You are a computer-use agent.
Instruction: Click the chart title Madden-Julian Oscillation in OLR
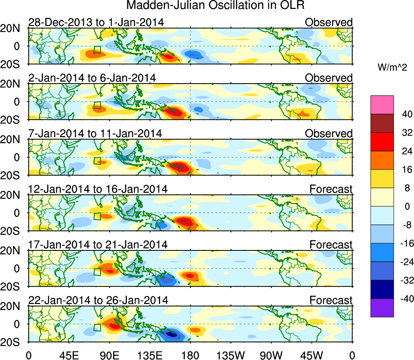coord(215,6)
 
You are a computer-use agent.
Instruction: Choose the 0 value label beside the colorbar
coord(405,206)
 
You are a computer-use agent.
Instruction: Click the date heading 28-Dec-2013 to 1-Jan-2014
coord(96,22)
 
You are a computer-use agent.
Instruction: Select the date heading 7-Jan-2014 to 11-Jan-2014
coord(95,134)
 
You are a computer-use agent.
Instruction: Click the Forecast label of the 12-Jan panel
coord(331,189)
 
